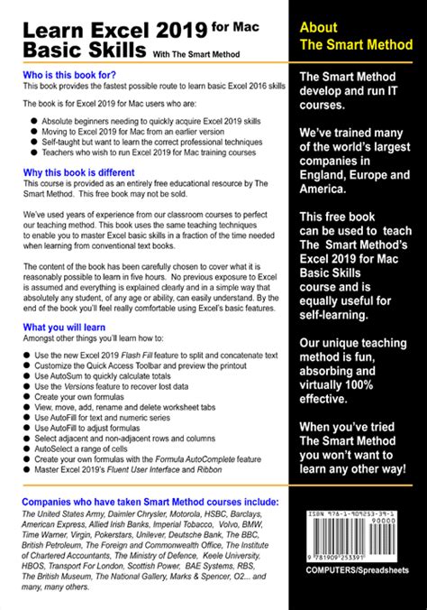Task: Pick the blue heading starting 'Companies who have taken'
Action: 149,502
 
